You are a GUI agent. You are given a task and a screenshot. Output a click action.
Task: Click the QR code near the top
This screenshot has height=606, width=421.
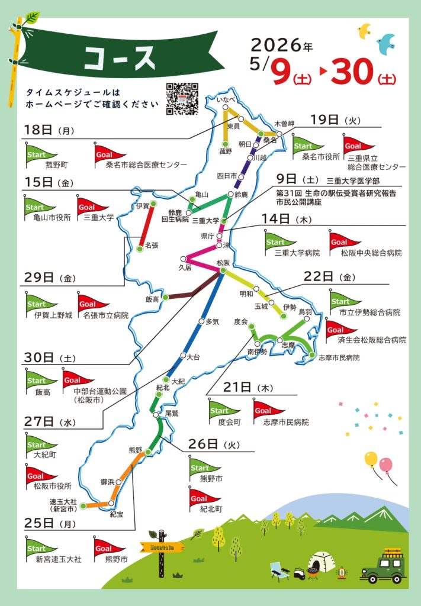[x=181, y=99]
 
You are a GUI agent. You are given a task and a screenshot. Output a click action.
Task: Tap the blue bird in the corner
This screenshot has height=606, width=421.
[x=386, y=43]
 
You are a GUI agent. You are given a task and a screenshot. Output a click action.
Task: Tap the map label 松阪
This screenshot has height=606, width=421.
[x=223, y=262]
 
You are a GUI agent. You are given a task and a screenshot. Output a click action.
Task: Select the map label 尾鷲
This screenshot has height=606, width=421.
[x=172, y=412]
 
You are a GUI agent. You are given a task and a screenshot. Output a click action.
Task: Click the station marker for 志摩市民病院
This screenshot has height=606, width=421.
[x=312, y=355]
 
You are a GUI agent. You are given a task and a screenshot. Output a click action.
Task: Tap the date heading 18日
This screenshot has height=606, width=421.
[x=39, y=130]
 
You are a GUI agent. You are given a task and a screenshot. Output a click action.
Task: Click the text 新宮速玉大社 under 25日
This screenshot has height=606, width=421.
[x=58, y=559]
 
